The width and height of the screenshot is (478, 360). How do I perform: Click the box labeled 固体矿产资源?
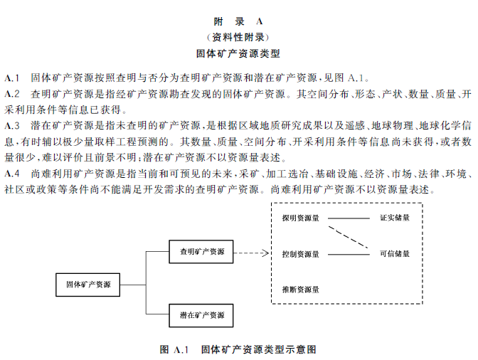tap(88, 285)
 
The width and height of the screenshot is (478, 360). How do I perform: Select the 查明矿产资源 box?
tap(202, 252)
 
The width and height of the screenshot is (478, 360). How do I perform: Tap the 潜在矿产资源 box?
tap(202, 314)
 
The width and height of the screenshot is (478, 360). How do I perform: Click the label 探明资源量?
tap(300, 218)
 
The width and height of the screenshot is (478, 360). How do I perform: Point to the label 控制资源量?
tap(300, 253)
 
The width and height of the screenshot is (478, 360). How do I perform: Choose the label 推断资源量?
tap(300, 290)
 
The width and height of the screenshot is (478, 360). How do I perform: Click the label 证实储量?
tap(395, 218)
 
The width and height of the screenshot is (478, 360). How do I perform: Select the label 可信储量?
tap(395, 253)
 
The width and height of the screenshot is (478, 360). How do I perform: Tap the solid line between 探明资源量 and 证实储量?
tap(348, 218)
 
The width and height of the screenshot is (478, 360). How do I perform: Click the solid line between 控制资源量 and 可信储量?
tap(348, 254)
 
